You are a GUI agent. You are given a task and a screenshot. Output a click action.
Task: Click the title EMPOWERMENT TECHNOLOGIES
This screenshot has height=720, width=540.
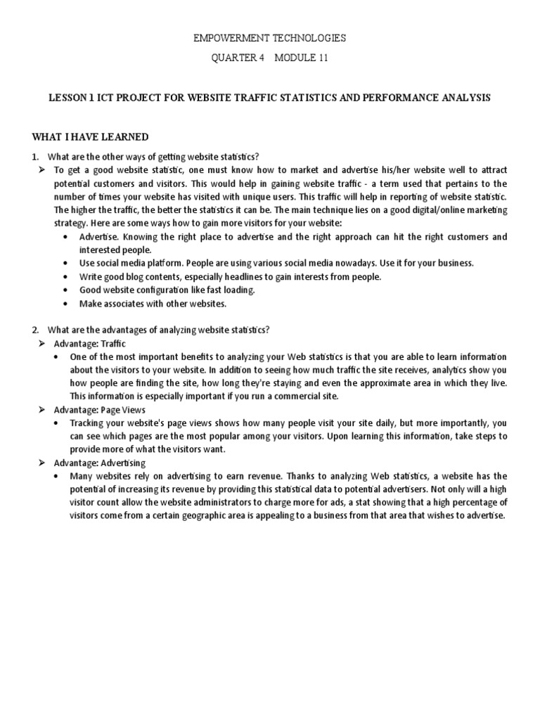(x=270, y=38)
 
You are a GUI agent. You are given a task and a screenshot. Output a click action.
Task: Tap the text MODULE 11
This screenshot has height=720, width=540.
(x=301, y=58)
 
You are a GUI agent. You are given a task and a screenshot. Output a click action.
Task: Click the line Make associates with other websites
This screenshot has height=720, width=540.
(x=153, y=304)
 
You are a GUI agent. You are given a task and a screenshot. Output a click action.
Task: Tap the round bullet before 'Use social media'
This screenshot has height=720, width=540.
(x=65, y=263)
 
